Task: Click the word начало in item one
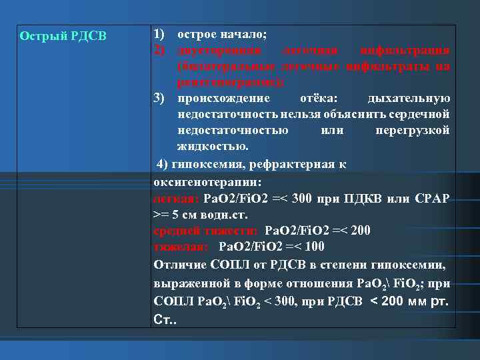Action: tap(239, 33)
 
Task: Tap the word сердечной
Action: tap(425, 114)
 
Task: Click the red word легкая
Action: tap(175, 198)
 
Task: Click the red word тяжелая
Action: tap(181, 247)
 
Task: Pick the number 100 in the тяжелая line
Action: tap(315, 247)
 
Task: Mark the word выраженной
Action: tap(189, 282)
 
